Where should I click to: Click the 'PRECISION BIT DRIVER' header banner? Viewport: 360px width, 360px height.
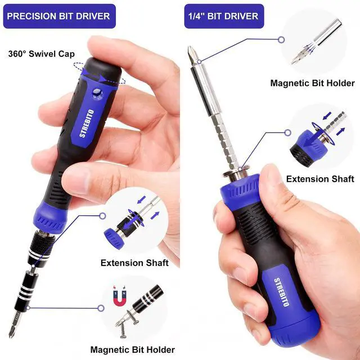point(59,16)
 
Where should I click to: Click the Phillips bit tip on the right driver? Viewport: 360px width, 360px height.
point(192,55)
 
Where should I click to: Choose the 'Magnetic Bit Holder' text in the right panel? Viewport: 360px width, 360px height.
point(312,83)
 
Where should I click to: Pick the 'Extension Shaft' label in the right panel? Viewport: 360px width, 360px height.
point(319,179)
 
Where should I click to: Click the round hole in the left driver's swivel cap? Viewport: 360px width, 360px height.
point(97,92)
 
